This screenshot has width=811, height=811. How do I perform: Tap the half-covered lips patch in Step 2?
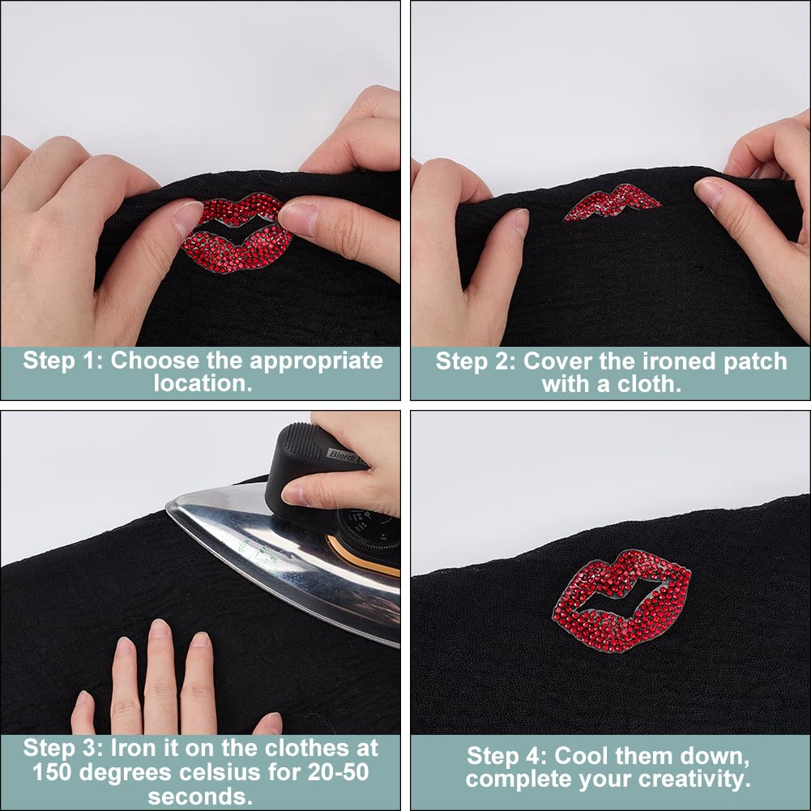point(613,203)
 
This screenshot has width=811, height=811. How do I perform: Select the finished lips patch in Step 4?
point(622,600)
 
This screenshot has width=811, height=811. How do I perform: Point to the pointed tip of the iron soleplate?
point(169,506)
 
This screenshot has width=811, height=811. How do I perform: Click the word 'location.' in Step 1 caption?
point(203,383)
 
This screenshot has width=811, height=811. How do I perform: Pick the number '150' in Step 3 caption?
point(59,770)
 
